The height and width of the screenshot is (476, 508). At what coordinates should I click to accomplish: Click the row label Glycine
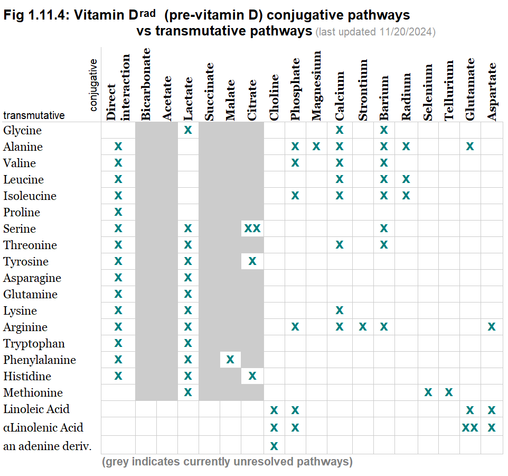22,130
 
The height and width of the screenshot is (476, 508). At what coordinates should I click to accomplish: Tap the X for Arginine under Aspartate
492,327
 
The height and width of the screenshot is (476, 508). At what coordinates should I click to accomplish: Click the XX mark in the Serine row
252,228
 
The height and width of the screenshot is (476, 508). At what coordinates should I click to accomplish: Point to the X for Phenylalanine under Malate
230,360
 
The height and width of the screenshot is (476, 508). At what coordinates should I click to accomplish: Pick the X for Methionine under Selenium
428,392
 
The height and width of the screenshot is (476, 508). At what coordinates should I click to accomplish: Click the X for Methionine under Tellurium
449,392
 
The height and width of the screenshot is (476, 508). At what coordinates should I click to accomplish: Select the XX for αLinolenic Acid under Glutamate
470,427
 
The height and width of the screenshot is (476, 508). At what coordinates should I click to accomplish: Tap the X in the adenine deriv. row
274,445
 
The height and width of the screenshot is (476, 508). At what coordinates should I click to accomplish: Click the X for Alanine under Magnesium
316,147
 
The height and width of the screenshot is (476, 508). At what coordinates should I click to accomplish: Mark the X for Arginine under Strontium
363,327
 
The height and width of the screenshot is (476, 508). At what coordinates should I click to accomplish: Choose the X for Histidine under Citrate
252,376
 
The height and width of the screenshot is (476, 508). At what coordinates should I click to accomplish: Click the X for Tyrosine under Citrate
252,261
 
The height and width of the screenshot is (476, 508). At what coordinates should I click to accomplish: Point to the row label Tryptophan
34,344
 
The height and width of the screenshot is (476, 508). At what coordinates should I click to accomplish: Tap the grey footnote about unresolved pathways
227,462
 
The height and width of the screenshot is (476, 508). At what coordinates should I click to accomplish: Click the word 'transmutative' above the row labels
34,115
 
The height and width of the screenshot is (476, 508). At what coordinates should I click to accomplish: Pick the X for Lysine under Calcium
340,310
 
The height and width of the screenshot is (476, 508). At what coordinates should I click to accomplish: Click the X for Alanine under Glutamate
470,147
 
